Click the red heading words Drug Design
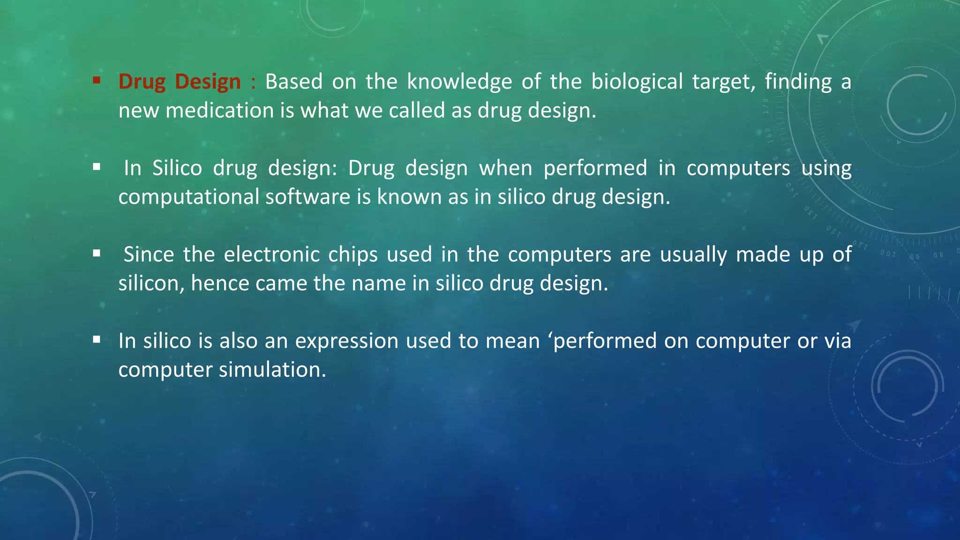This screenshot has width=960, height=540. [180, 82]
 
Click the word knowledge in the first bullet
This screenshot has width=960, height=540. [459, 82]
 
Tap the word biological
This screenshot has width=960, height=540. [637, 82]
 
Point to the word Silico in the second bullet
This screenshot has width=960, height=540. [177, 168]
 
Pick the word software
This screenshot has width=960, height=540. [308, 197]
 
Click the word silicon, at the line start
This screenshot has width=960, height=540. [151, 284]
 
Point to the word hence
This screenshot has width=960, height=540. [220, 284]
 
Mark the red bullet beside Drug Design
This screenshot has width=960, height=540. [97, 80]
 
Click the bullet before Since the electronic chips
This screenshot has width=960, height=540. [97, 254]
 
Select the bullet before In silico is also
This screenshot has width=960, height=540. [97, 340]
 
